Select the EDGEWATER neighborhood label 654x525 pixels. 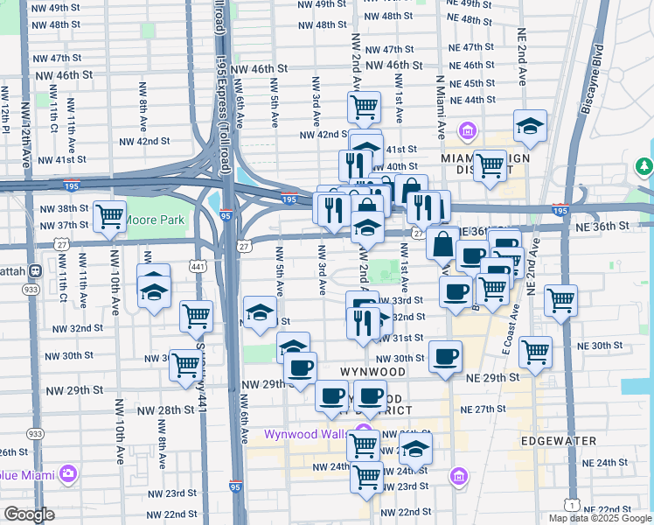pyautogui.click(x=558, y=441)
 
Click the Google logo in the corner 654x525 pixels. pyautogui.click(x=29, y=514)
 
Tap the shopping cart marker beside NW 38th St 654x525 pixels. pyautogui.click(x=108, y=215)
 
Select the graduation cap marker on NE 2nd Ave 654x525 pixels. pyautogui.click(x=530, y=126)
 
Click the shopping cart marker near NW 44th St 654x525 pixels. pyautogui.click(x=364, y=108)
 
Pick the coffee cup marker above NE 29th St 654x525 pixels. pyautogui.click(x=445, y=356)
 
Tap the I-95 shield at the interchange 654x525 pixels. pyautogui.click(x=226, y=215)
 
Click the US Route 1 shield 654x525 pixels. pyautogui.click(x=570, y=505)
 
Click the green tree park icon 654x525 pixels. pyautogui.click(x=644, y=166)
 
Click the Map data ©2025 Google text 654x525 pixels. pyautogui.click(x=600, y=516)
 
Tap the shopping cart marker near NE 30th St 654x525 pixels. pyautogui.click(x=534, y=353)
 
